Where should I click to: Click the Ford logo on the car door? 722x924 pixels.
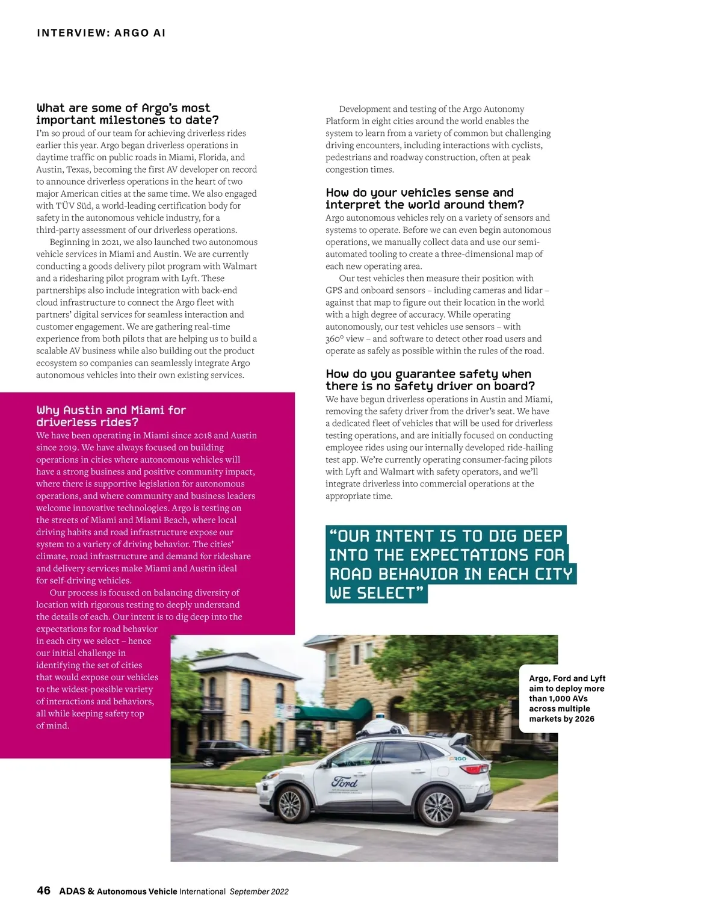tap(345, 783)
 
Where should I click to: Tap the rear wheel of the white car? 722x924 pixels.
tap(437, 804)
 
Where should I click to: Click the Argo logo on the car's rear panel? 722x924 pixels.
tap(458, 759)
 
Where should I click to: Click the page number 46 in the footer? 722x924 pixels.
tap(43, 891)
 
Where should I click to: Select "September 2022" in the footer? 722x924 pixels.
tap(259, 891)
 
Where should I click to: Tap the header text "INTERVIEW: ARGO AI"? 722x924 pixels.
tap(101, 33)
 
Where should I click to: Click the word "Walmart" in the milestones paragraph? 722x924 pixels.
tap(239, 266)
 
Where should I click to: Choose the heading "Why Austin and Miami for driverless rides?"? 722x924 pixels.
tap(111, 416)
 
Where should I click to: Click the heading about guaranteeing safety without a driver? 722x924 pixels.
tap(430, 380)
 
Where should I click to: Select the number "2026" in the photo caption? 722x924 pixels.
tap(584, 719)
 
